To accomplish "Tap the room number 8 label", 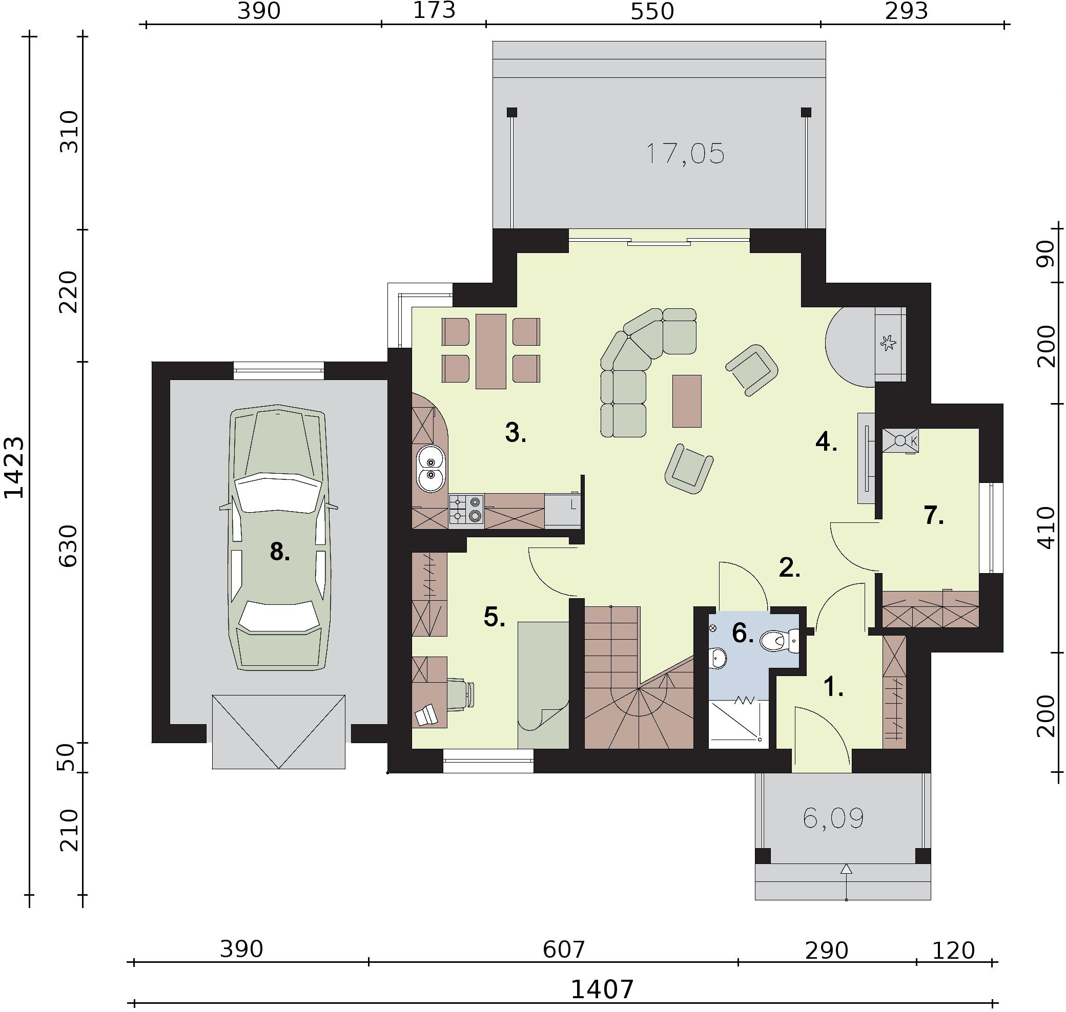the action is pos(280,552).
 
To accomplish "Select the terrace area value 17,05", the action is pos(685,154).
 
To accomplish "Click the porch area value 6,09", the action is pos(833,818).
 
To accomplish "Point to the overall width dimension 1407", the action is pos(602,989).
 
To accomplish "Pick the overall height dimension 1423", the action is pos(14,467).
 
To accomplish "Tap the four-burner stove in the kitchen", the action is pos(466,509).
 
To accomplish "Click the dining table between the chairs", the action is pos(490,351).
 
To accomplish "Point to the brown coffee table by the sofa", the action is pos(687,401).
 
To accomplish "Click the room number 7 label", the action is pos(934,515).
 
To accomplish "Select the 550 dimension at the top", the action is pos(652,11).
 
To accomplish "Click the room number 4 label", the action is pos(826,442).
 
